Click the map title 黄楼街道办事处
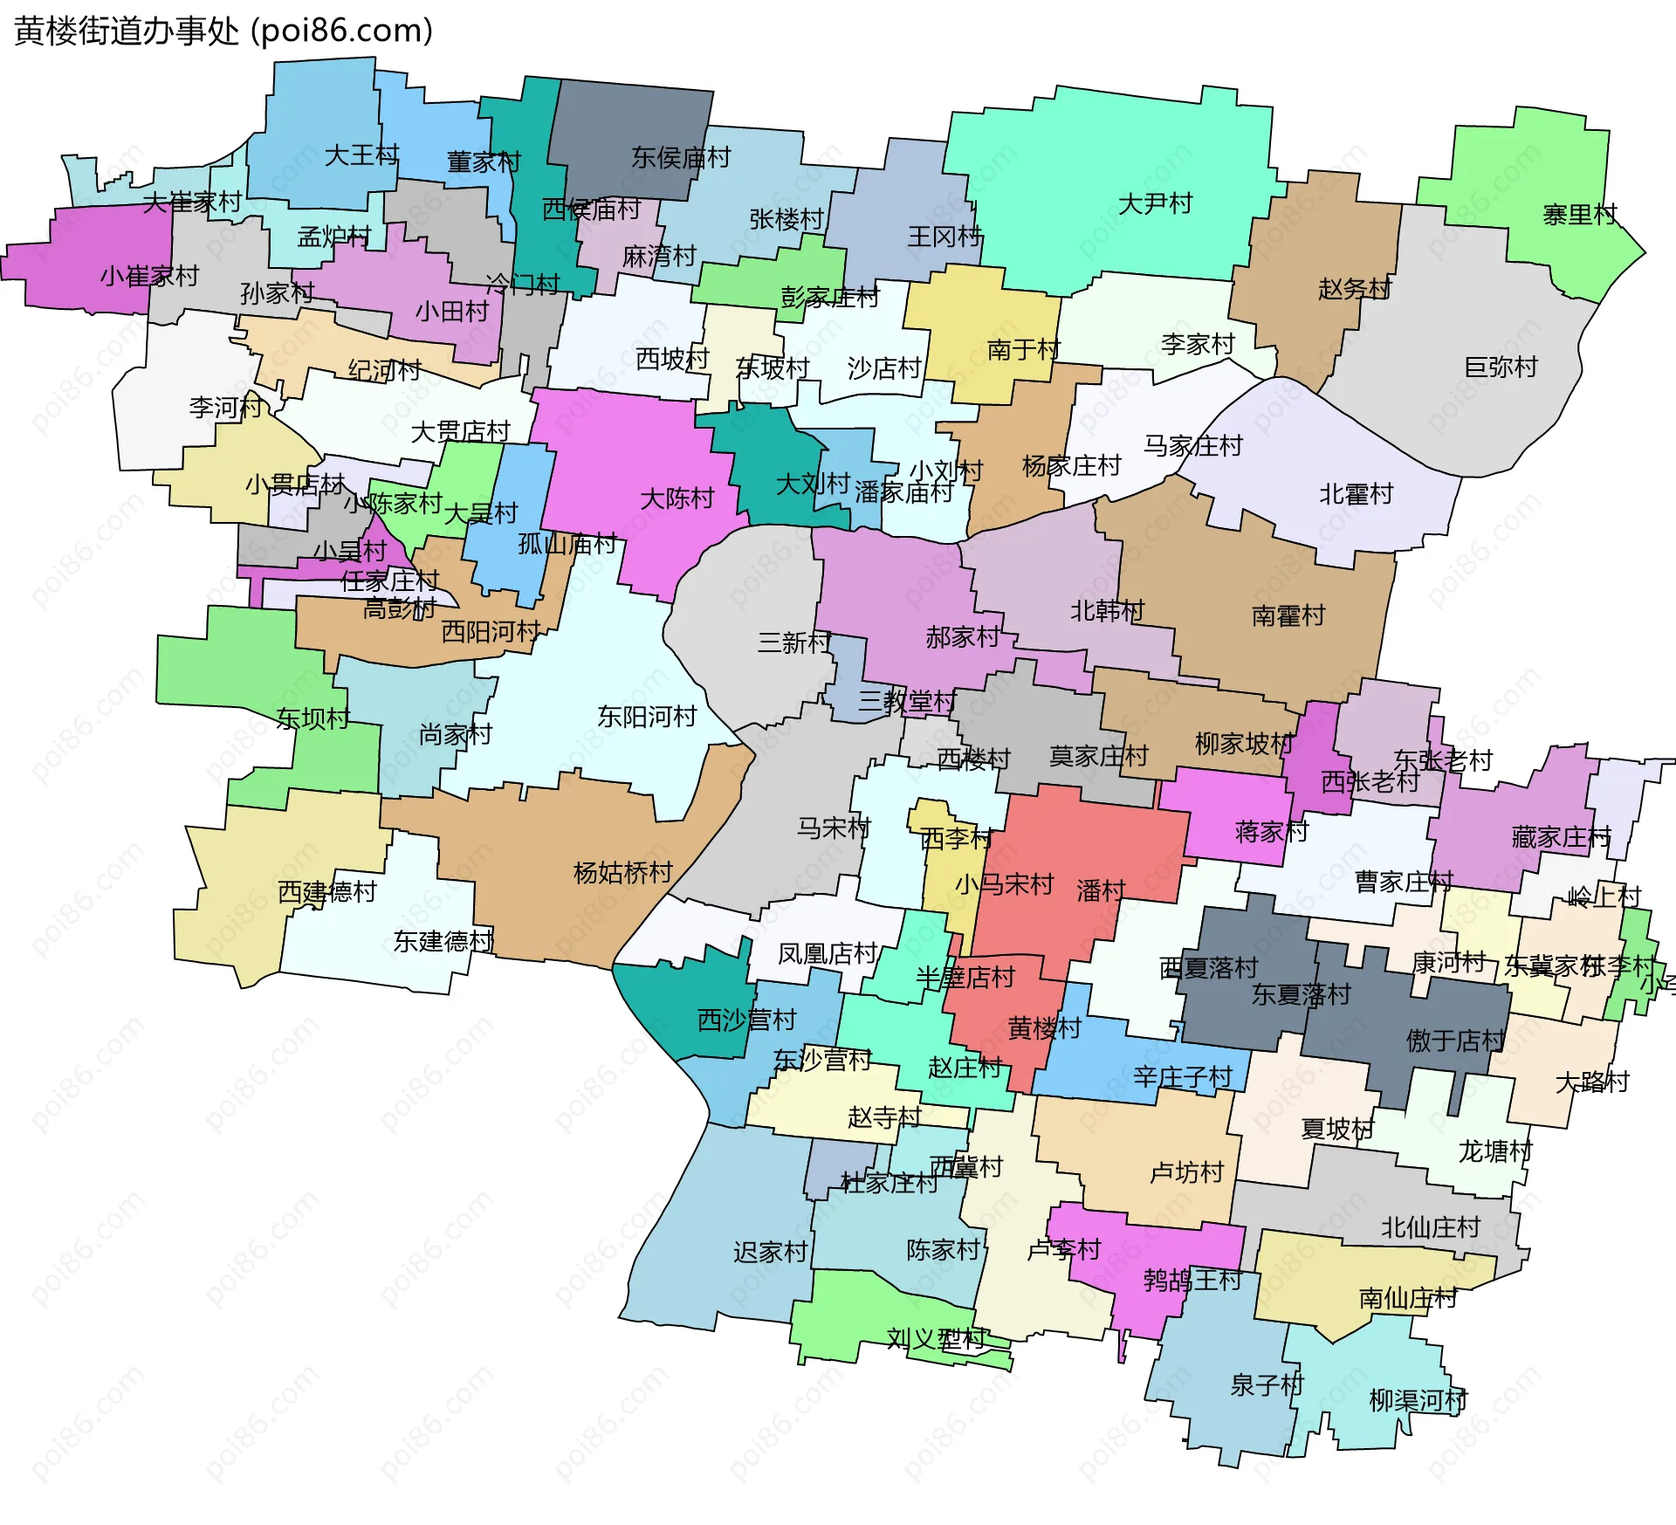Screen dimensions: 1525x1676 click(x=127, y=31)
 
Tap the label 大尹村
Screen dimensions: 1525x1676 click(x=1155, y=204)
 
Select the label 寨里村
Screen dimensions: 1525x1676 click(x=1579, y=215)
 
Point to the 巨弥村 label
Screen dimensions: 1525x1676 click(x=1501, y=368)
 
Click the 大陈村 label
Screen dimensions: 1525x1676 click(x=677, y=499)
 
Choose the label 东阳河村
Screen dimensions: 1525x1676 click(x=647, y=718)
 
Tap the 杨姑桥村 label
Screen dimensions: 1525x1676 click(x=622, y=873)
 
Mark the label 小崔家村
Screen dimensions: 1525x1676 click(x=149, y=277)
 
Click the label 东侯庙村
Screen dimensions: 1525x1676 click(x=681, y=158)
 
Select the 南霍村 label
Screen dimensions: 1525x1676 click(x=1288, y=616)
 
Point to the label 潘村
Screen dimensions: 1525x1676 click(x=1100, y=891)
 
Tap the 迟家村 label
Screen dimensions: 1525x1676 click(x=770, y=1253)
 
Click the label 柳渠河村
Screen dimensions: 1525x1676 click(x=1418, y=1401)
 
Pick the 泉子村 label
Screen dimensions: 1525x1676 click(x=1266, y=1385)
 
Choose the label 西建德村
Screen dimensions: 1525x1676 click(x=326, y=892)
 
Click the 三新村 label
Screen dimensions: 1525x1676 click(x=793, y=643)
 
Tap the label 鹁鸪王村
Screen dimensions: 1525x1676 click(x=1192, y=1281)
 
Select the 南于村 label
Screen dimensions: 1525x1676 click(x=1023, y=351)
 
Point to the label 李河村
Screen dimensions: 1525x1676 click(x=225, y=408)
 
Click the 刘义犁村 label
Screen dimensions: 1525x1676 click(x=936, y=1339)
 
